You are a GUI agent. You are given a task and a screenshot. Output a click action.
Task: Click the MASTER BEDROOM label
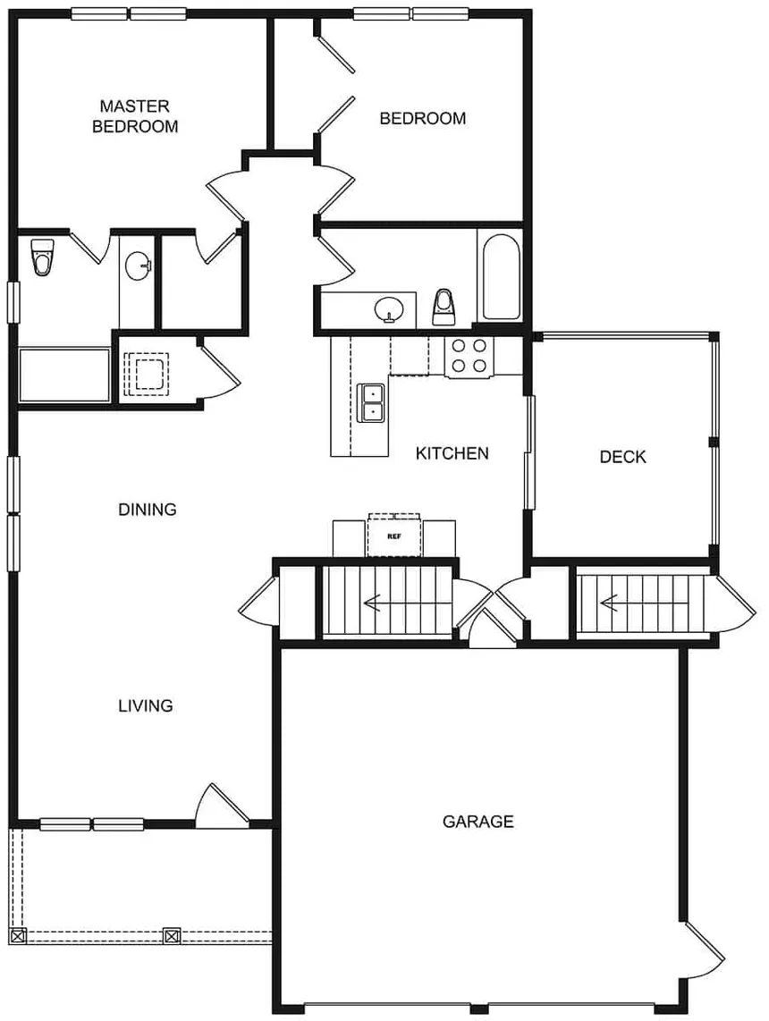click(x=135, y=116)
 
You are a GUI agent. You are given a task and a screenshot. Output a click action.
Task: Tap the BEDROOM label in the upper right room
click(x=422, y=118)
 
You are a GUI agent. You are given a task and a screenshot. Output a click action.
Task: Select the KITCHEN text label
click(x=452, y=453)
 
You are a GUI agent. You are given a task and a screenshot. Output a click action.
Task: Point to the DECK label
click(x=622, y=457)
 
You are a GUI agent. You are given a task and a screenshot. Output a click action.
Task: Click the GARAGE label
click(x=477, y=821)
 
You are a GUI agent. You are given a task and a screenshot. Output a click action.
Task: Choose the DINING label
click(x=148, y=510)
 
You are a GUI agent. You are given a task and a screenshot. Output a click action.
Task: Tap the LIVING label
click(x=145, y=705)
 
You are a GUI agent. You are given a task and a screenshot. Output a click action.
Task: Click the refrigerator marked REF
click(x=393, y=536)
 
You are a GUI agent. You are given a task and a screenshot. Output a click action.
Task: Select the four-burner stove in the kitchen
click(x=469, y=355)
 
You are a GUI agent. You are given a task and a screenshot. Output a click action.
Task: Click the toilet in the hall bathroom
click(x=444, y=307)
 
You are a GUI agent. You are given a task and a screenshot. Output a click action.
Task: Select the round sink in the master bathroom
click(x=138, y=266)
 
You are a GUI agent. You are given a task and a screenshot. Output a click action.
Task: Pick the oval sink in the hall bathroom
click(x=389, y=309)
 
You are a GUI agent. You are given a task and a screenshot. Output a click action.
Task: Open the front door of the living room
click(x=221, y=806)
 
